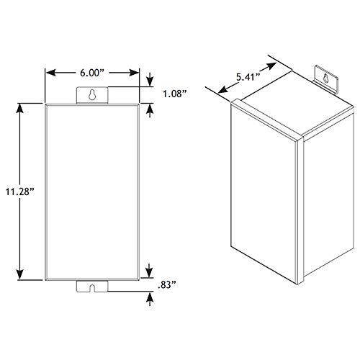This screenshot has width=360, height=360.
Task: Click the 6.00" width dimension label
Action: tap(92, 73)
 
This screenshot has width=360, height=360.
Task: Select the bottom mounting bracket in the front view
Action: tap(93, 287)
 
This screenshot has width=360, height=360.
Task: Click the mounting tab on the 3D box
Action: tap(326, 77)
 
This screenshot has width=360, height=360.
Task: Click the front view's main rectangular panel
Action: tap(92, 192)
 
